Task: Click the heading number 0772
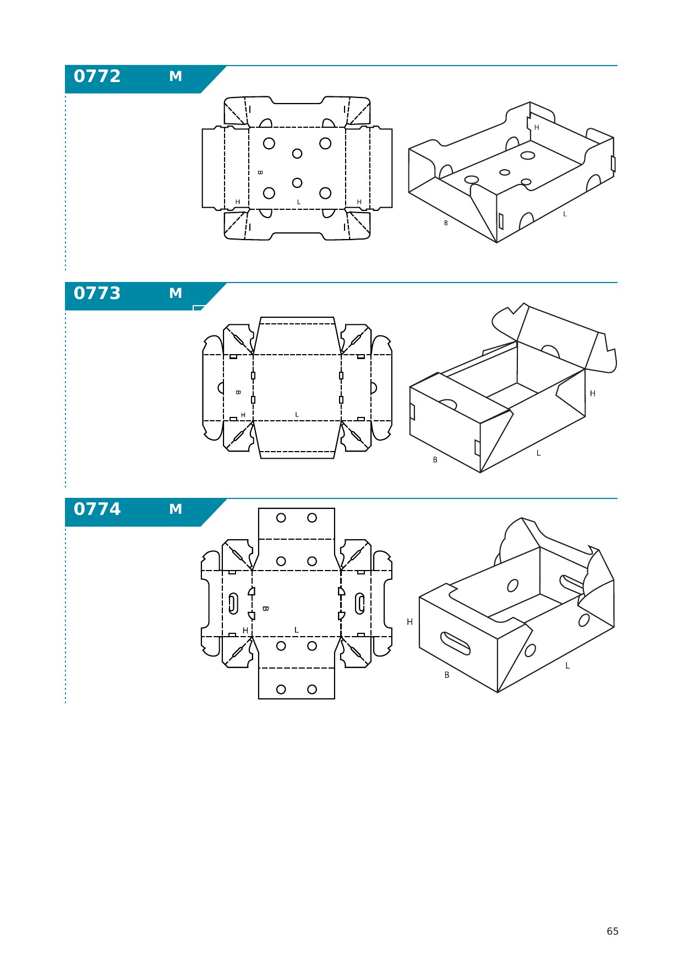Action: coord(97,76)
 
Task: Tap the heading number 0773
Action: coord(97,293)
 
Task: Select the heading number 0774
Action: coord(97,509)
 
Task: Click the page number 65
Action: coord(613,931)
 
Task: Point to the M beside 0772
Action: coord(176,77)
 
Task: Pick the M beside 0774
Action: coord(176,509)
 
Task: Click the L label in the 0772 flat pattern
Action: coord(299,202)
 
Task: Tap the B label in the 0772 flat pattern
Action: coord(260,172)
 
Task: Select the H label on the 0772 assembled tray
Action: coord(537,128)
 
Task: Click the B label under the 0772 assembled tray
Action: coord(446,223)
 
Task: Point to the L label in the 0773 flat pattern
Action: coord(297,415)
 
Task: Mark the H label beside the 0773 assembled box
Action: coord(593,393)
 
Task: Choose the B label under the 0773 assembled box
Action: coord(435,460)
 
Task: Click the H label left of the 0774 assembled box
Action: coord(409,622)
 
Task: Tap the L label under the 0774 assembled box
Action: coord(567,666)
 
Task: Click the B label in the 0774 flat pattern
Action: coord(265,609)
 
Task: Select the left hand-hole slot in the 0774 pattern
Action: coord(233,604)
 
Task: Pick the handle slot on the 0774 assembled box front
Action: coord(455,644)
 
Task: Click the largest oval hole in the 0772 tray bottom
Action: coord(528,155)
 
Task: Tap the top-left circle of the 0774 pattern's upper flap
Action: coord(281,518)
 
